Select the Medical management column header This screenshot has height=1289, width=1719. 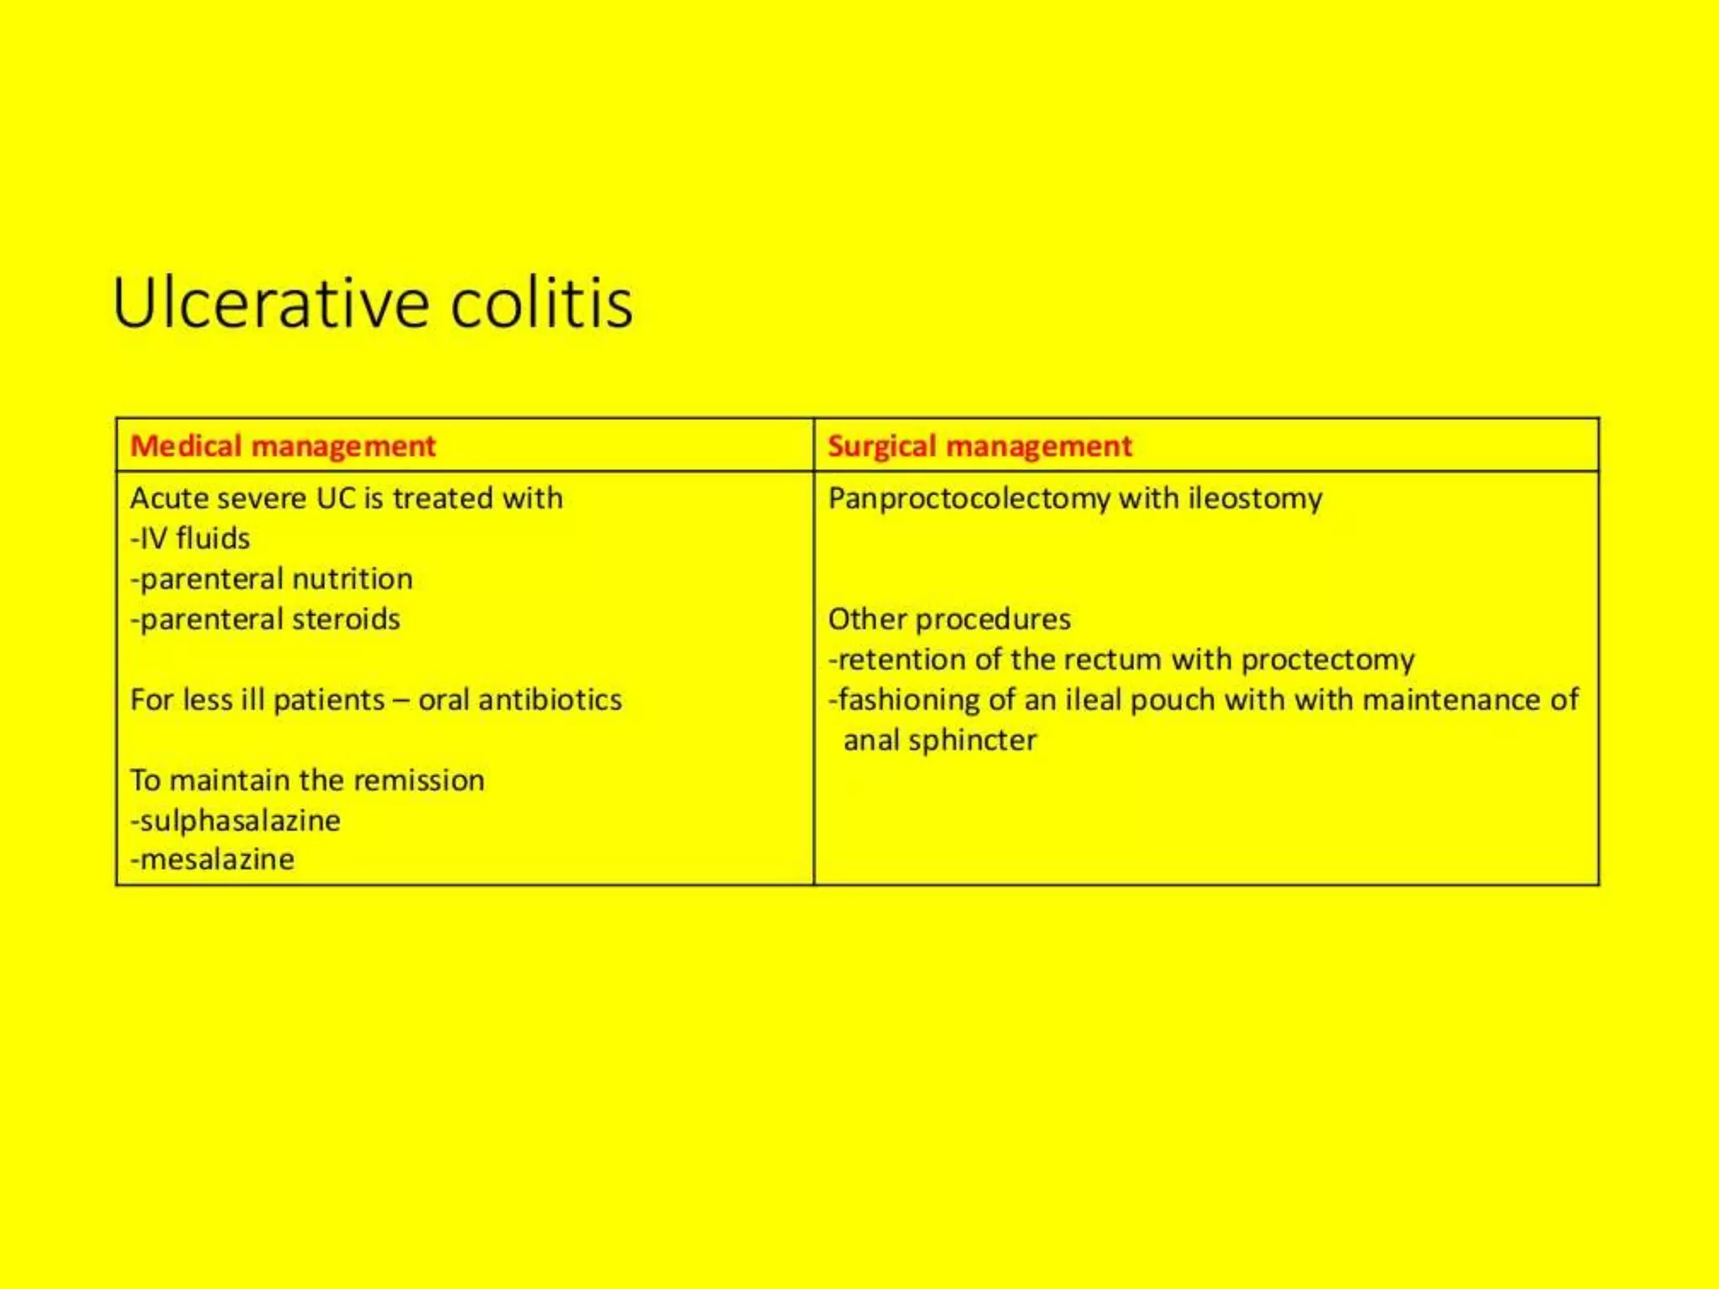pos(283,446)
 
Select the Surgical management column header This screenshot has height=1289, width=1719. pos(980,446)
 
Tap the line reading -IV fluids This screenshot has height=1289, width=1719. pos(191,538)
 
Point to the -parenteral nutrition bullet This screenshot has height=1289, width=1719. pos(272,578)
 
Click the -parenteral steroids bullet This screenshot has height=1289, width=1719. pos(265,619)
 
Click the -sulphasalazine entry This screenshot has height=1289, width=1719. pos(236,821)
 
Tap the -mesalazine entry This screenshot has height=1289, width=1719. pos(212,859)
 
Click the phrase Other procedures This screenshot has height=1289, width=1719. pos(949,619)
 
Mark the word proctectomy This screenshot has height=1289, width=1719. pos(1328,660)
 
